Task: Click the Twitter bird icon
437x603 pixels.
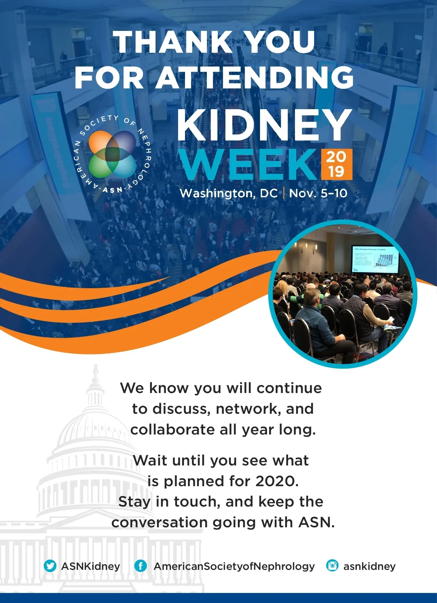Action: coord(50,566)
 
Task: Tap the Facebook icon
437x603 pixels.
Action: coord(141,566)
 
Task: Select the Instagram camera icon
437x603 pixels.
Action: coord(332,565)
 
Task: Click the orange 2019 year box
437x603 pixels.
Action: coord(336,164)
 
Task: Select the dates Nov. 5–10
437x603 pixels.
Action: coord(318,193)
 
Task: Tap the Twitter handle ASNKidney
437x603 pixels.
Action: coord(91,566)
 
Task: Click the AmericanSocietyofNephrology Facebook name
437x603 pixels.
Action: coord(234,567)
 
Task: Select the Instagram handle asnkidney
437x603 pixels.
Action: coord(369,567)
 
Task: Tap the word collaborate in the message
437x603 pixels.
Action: coord(172,430)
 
